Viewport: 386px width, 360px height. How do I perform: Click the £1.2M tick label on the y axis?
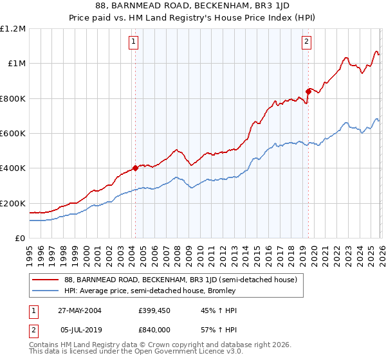[13, 28]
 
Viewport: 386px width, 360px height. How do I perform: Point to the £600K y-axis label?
[13, 134]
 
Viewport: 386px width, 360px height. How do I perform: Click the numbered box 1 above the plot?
[134, 42]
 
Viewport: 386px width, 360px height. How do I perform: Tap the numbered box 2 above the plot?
[306, 42]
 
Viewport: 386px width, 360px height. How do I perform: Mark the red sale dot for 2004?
[136, 168]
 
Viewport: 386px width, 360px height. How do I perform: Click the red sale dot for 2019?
[308, 91]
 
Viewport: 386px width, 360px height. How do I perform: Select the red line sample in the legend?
[46, 280]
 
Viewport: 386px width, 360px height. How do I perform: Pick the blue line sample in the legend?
[46, 291]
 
